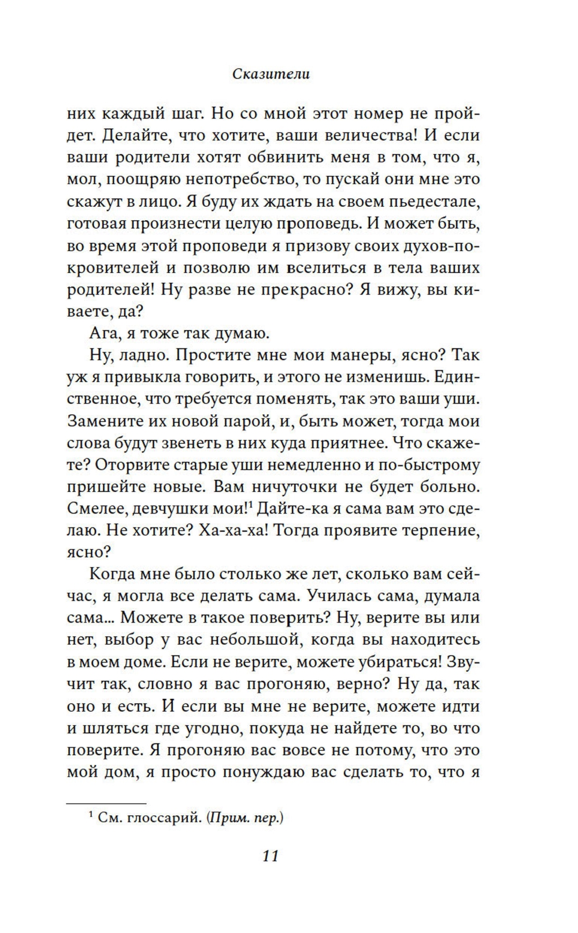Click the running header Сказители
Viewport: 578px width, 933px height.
tap(271, 75)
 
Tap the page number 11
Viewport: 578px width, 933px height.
tap(271, 856)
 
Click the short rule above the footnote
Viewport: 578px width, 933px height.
tap(106, 804)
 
